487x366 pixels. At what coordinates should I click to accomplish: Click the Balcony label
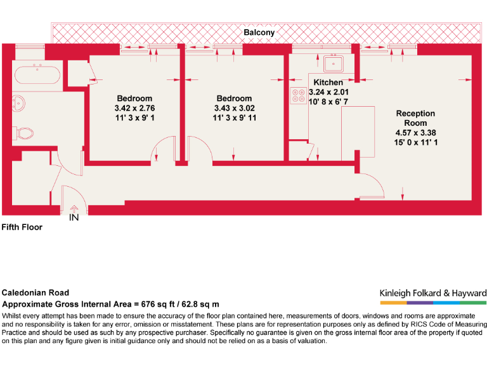(x=259, y=32)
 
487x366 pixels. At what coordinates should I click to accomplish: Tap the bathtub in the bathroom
(x=37, y=74)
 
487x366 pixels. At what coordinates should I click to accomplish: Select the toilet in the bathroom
(x=23, y=133)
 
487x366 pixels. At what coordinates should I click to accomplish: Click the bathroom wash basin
(x=18, y=103)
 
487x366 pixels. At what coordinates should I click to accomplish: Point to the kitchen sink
(x=334, y=64)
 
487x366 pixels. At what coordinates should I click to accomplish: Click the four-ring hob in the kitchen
(x=299, y=95)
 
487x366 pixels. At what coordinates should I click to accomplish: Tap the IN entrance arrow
(x=74, y=209)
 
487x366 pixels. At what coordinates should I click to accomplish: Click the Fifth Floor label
(x=22, y=227)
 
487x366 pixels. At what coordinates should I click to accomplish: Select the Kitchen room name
(x=328, y=83)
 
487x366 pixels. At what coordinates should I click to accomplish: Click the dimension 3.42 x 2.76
(x=134, y=108)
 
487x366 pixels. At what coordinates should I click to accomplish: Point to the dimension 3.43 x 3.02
(x=235, y=108)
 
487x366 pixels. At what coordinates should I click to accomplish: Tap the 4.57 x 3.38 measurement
(x=415, y=133)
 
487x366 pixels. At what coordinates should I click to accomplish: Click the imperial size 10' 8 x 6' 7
(x=328, y=102)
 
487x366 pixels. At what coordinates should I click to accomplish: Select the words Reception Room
(x=415, y=118)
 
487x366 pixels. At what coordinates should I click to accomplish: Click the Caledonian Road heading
(x=36, y=292)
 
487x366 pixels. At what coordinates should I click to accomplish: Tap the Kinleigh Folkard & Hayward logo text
(x=433, y=293)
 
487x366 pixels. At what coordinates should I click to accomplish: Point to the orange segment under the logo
(x=393, y=302)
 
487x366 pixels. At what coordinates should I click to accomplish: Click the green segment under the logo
(x=473, y=302)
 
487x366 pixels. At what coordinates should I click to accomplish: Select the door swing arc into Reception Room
(x=377, y=180)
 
